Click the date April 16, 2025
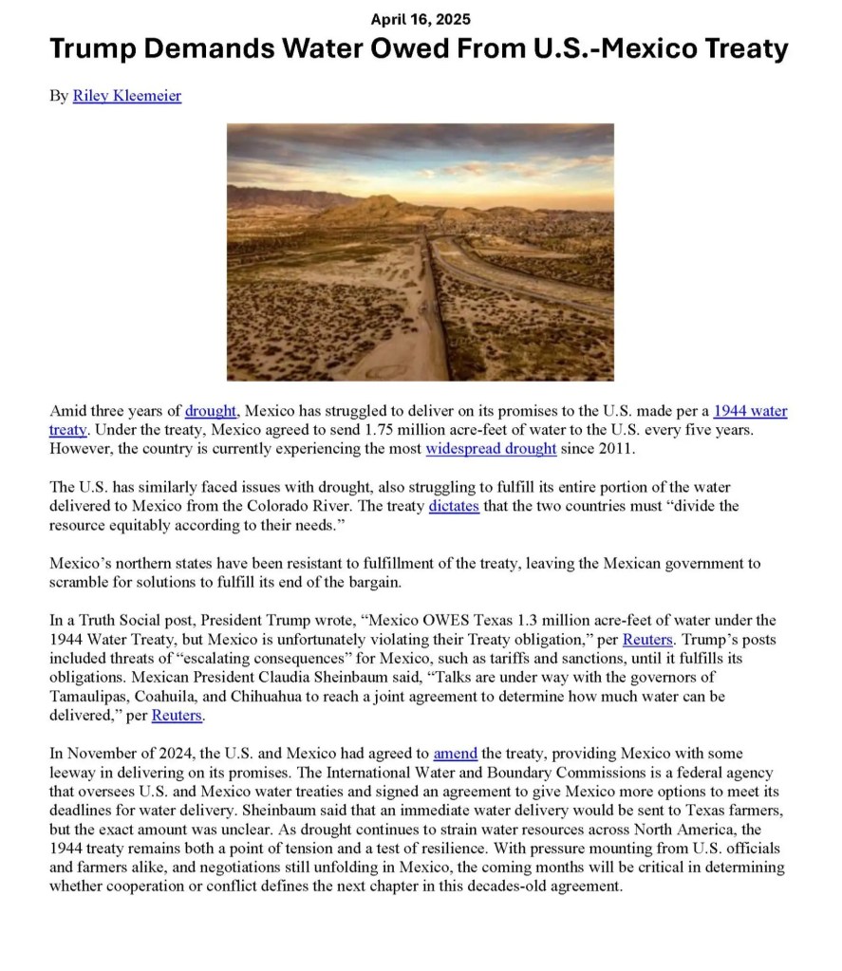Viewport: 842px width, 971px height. pyautogui.click(x=420, y=19)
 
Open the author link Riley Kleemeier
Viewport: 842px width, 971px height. pyautogui.click(x=126, y=96)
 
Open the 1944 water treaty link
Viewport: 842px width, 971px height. pyautogui.click(x=750, y=411)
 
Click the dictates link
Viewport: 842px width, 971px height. pyautogui.click(x=454, y=506)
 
